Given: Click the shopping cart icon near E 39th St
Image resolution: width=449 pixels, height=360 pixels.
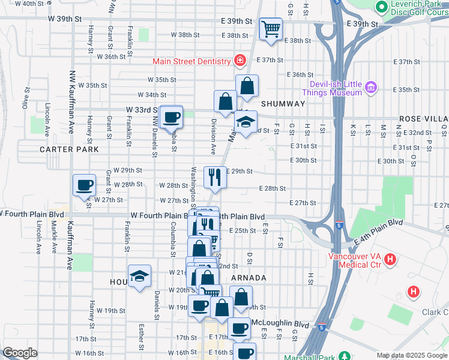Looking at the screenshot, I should (x=271, y=28).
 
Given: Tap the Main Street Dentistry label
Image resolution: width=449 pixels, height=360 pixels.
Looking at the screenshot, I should (x=191, y=61).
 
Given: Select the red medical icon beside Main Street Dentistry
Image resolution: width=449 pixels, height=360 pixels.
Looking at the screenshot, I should (x=240, y=61).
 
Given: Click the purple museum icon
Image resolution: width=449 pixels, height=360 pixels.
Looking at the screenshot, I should (x=370, y=88).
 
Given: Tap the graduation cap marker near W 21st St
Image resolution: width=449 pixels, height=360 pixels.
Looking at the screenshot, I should (x=139, y=277).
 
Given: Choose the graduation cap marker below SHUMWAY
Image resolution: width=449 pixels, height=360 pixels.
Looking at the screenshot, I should (x=246, y=122).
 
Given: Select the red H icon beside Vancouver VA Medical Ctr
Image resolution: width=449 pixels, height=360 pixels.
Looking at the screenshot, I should (x=390, y=260).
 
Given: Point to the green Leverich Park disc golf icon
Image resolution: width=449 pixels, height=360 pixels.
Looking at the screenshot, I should (x=381, y=7).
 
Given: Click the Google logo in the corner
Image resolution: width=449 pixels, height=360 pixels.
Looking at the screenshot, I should (x=20, y=353).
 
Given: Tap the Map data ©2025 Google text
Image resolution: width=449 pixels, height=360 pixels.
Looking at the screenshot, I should (x=411, y=355).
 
